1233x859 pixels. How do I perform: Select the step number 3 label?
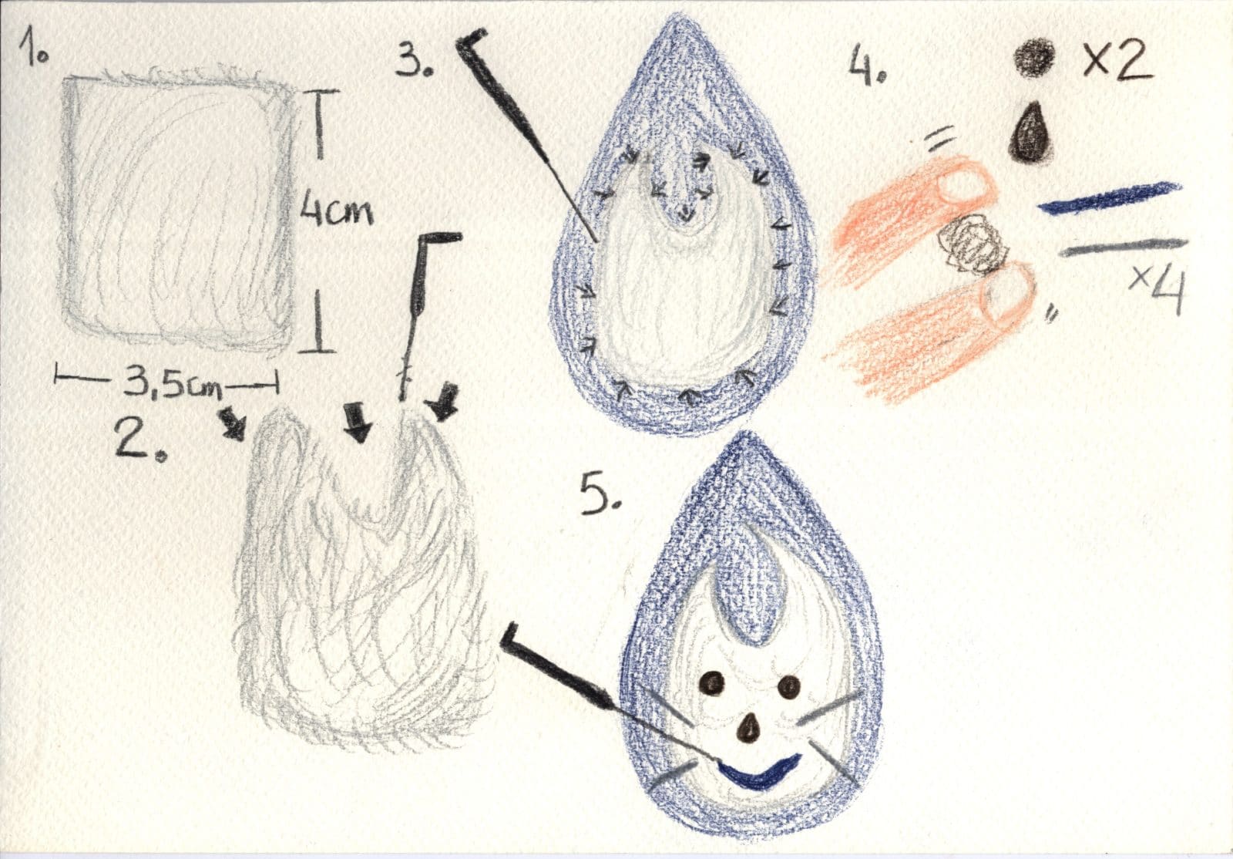[x=414, y=57]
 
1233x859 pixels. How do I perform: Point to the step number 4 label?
[x=866, y=65]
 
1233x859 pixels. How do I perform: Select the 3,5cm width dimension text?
[x=173, y=385]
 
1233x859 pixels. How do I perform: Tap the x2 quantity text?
[x=1117, y=59]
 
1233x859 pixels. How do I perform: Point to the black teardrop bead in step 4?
[x=1031, y=133]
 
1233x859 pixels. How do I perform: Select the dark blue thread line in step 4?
[x=1109, y=198]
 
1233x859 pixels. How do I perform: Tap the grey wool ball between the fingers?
[x=973, y=246]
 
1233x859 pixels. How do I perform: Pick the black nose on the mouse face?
[x=748, y=729]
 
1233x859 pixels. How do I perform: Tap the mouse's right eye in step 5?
[x=789, y=686]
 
